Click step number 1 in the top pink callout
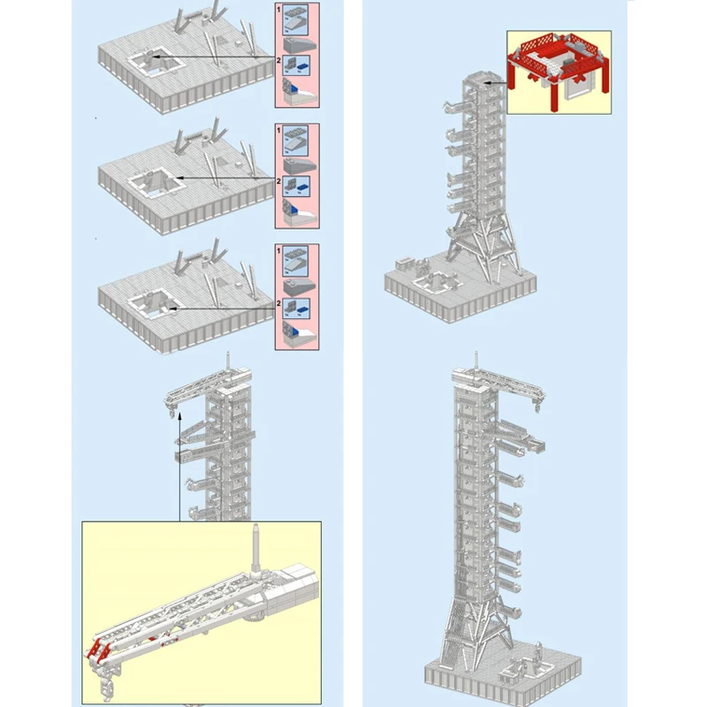[x=279, y=8]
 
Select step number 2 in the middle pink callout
[x=279, y=180]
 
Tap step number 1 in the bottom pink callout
[x=279, y=250]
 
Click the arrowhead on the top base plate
[x=153, y=57]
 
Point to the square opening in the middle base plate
[x=157, y=185]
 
